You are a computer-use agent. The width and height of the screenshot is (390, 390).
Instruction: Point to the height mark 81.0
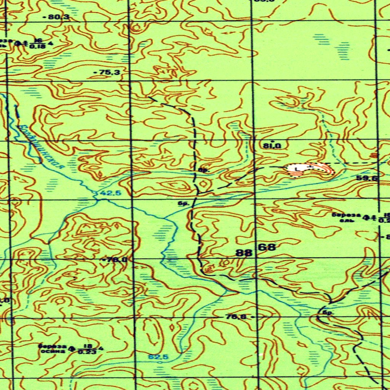pyautogui.click(x=272, y=145)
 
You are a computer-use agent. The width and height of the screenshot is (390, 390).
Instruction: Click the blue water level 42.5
pyautogui.click(x=110, y=193)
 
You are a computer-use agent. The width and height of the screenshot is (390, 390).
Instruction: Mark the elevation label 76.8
pyautogui.click(x=236, y=316)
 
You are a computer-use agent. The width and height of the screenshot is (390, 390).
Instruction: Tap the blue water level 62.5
pyautogui.click(x=158, y=357)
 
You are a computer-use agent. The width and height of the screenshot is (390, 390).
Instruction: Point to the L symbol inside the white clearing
pyautogui.click(x=297, y=168)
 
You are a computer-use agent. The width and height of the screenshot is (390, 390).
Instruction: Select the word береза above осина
pyautogui.click(x=52, y=346)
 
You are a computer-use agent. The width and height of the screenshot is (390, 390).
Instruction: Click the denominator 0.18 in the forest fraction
pyautogui.click(x=37, y=46)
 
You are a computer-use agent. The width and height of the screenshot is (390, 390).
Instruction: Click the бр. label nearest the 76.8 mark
pyautogui.click(x=327, y=313)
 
